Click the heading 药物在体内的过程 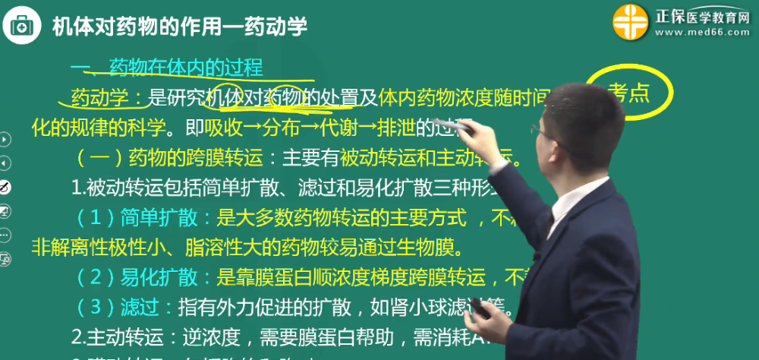186,68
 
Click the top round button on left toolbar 5,139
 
